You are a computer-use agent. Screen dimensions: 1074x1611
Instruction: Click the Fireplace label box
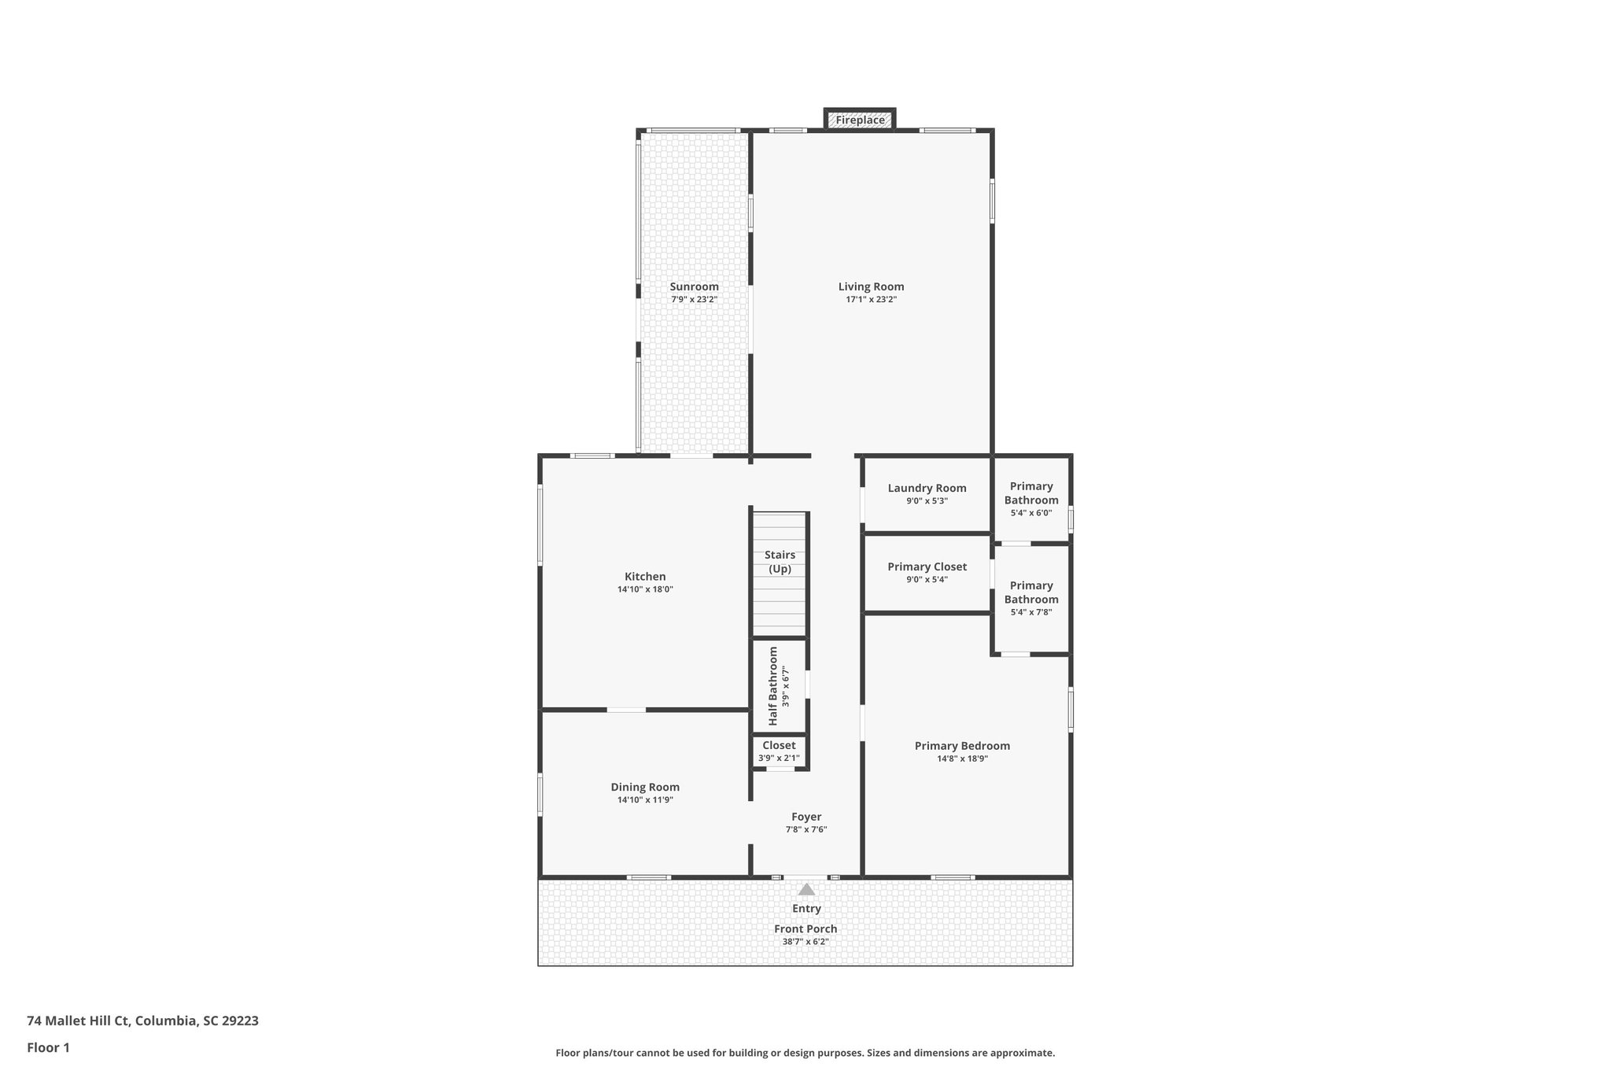click(x=860, y=120)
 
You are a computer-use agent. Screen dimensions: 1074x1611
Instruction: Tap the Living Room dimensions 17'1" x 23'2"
click(x=871, y=300)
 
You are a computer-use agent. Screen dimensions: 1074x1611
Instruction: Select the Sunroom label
click(x=694, y=286)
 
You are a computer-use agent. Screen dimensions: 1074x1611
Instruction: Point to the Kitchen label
click(x=645, y=577)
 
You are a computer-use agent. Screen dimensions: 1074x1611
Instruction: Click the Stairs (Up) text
click(x=780, y=562)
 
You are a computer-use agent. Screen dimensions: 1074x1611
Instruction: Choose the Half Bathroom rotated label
click(x=773, y=686)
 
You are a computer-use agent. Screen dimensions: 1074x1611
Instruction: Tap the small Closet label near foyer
click(x=779, y=745)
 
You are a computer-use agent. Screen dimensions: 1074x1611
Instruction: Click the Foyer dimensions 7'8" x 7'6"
click(x=806, y=830)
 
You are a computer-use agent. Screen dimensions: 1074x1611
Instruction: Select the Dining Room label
click(x=645, y=787)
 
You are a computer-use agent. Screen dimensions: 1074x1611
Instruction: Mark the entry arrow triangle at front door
click(x=806, y=890)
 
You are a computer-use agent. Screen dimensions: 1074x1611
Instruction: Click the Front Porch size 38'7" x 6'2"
click(x=805, y=942)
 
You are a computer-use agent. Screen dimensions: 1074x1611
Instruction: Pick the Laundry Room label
click(x=927, y=488)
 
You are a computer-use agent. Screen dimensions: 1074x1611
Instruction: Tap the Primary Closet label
click(x=927, y=567)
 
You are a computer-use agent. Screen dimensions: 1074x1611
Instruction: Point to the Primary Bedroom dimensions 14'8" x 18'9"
click(x=962, y=759)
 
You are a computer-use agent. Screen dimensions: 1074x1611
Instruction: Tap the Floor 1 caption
click(x=48, y=1048)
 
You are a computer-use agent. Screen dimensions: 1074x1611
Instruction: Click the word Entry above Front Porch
click(x=806, y=909)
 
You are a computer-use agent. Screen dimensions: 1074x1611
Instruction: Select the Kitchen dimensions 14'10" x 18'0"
click(x=645, y=589)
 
